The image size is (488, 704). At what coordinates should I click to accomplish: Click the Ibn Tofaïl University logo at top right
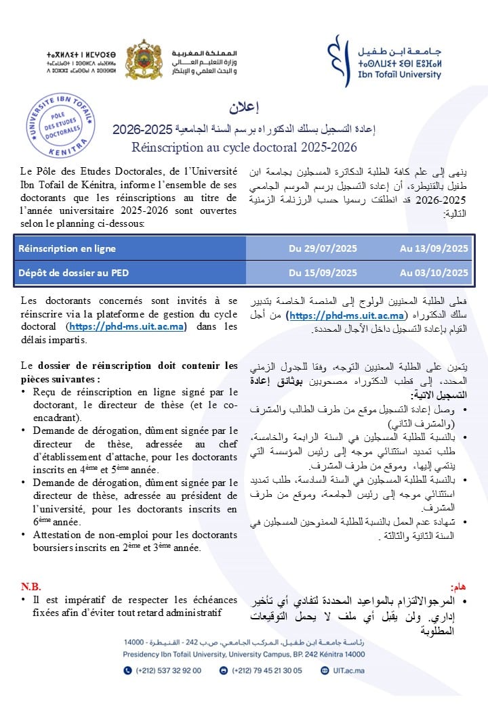[384, 61]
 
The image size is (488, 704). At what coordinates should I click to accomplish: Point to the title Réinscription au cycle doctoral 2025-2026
[244, 146]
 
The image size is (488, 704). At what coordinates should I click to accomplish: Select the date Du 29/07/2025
[323, 248]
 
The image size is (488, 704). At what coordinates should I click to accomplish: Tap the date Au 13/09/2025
[434, 248]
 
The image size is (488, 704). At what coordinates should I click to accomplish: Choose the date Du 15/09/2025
[323, 273]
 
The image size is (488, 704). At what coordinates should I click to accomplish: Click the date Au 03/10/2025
[434, 273]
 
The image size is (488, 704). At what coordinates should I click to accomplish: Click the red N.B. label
[30, 586]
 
